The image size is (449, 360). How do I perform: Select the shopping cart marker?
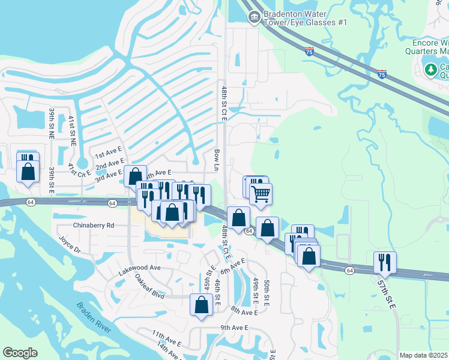[x=261, y=194]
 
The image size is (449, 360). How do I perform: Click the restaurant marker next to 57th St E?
[x=384, y=262]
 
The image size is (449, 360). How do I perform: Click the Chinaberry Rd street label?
[x=93, y=226]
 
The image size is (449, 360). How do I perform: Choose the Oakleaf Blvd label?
[x=149, y=287]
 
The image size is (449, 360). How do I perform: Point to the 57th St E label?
[x=387, y=292]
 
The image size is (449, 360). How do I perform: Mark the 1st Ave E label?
[x=108, y=157]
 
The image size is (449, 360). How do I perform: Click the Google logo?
[x=20, y=353]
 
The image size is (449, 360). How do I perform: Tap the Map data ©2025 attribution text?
[x=423, y=355]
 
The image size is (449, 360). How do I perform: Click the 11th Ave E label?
[x=166, y=339]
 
